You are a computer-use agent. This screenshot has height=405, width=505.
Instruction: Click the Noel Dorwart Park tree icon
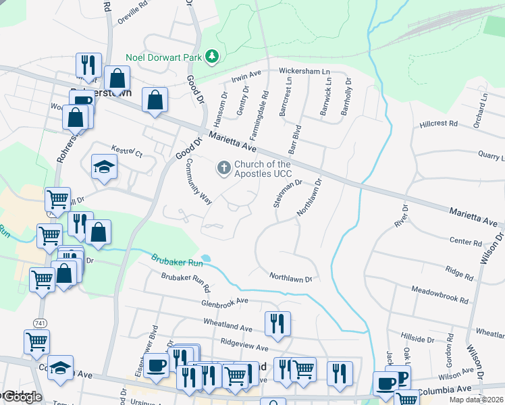tap(212, 56)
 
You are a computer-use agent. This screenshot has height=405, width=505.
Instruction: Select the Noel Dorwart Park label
tap(164, 58)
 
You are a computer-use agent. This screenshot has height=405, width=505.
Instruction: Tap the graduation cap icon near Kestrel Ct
tap(104, 166)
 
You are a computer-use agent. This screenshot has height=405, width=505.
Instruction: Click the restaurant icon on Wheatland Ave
tap(277, 323)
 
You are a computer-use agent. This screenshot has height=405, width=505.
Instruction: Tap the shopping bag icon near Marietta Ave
tap(155, 99)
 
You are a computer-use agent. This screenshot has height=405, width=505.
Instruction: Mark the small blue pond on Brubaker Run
tap(205, 258)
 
